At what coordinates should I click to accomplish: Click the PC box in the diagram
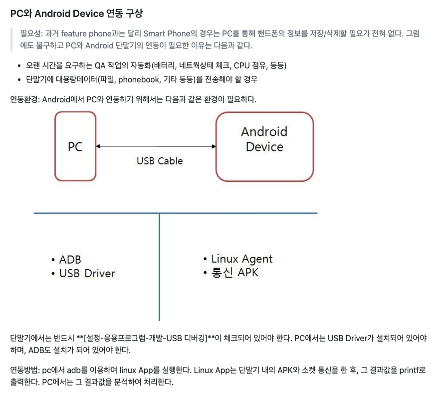[75, 146]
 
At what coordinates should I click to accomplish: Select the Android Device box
[264, 145]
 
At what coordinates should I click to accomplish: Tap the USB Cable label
[160, 161]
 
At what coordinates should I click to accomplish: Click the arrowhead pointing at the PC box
[99, 146]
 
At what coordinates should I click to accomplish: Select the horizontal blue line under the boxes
[100, 214]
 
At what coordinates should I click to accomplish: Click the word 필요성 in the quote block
[31, 34]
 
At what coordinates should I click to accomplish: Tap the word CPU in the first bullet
[249, 66]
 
